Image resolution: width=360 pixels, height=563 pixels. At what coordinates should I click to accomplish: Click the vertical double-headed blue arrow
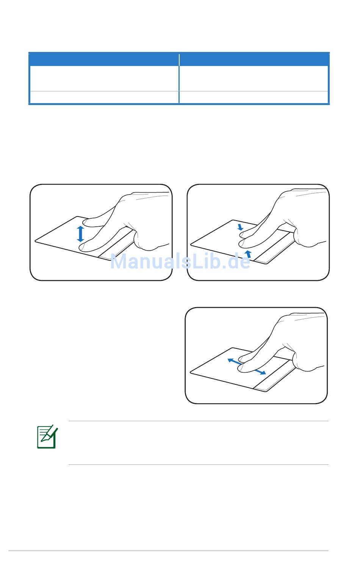80,234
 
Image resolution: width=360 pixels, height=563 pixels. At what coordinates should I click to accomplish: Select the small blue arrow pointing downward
240,227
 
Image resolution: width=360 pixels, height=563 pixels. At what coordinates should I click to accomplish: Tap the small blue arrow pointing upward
248,254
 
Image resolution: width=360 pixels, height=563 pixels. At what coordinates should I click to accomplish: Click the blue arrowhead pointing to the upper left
231,361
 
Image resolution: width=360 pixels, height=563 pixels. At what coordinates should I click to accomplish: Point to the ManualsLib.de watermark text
180,261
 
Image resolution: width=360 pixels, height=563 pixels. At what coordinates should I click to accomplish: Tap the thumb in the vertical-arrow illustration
143,241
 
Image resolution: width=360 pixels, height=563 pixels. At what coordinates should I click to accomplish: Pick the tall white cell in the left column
104,78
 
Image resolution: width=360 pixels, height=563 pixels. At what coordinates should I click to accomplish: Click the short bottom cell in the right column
254,97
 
